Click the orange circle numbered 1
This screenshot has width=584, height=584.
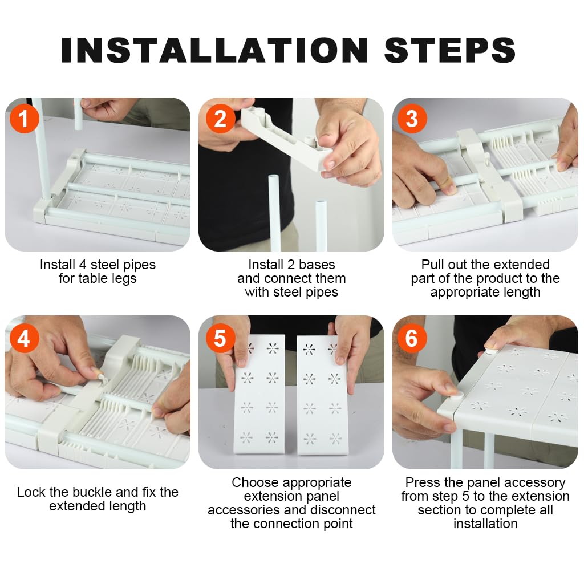coord(24,119)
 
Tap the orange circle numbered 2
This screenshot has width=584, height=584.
coord(220,119)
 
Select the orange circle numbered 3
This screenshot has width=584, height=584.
coord(412,119)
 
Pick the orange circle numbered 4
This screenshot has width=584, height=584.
coord(24,338)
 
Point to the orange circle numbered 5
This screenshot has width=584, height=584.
coord(220,338)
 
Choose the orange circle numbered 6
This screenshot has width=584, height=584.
coord(412,338)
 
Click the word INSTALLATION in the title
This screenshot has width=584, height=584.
coord(215,50)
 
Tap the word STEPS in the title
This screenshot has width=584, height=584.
coord(450,50)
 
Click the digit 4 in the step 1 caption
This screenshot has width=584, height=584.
coord(83,265)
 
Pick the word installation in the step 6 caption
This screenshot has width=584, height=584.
coord(485,524)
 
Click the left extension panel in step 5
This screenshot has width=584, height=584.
coord(259,394)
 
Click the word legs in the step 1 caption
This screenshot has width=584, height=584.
coord(124,279)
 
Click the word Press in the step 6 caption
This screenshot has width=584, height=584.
coord(421,482)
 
